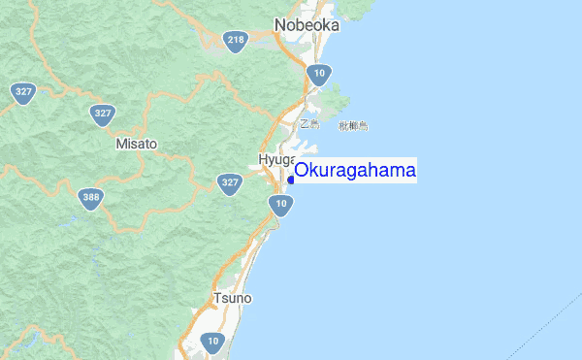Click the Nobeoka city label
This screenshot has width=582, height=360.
coord(307,25)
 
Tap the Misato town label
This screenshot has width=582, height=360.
coord(136,144)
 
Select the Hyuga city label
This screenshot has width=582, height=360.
coord(276,159)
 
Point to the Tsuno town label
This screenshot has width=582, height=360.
coord(232,298)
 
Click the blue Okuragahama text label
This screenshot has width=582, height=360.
coord(355,171)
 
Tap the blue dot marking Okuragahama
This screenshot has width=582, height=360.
coord(291,180)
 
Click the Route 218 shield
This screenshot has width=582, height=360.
coord(235,40)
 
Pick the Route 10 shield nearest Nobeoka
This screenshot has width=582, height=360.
coord(320,73)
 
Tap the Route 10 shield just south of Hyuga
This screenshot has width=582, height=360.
coord(280,204)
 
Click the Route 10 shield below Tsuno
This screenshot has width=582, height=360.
coord(213,341)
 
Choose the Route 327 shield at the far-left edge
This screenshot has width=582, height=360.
coord(23,92)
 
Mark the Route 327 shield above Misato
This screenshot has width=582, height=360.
coord(103,113)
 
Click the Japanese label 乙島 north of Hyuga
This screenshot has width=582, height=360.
coord(308,124)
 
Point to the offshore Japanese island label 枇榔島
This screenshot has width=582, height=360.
coord(354,126)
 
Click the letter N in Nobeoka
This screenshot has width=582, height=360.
coord(280,25)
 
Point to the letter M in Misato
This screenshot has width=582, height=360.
coord(120,144)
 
